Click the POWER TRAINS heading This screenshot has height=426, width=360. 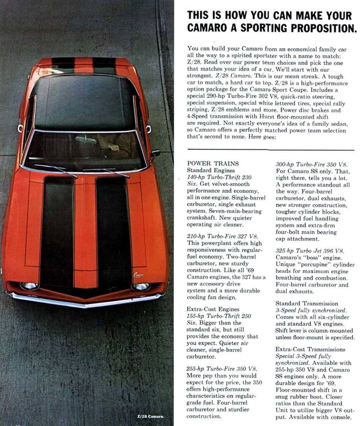212,163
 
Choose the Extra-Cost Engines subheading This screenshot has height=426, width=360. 213,309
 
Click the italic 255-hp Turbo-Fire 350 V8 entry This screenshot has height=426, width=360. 222,369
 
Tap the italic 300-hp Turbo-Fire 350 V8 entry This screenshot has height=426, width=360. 312,164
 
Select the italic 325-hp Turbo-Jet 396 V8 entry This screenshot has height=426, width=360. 310,251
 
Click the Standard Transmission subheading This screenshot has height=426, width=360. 307,303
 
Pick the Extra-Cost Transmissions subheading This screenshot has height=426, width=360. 310,349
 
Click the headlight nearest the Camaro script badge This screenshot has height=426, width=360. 141,287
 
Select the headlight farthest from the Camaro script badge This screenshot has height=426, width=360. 29,286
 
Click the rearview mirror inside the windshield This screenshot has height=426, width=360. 86,140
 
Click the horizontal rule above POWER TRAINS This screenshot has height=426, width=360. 271,150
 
